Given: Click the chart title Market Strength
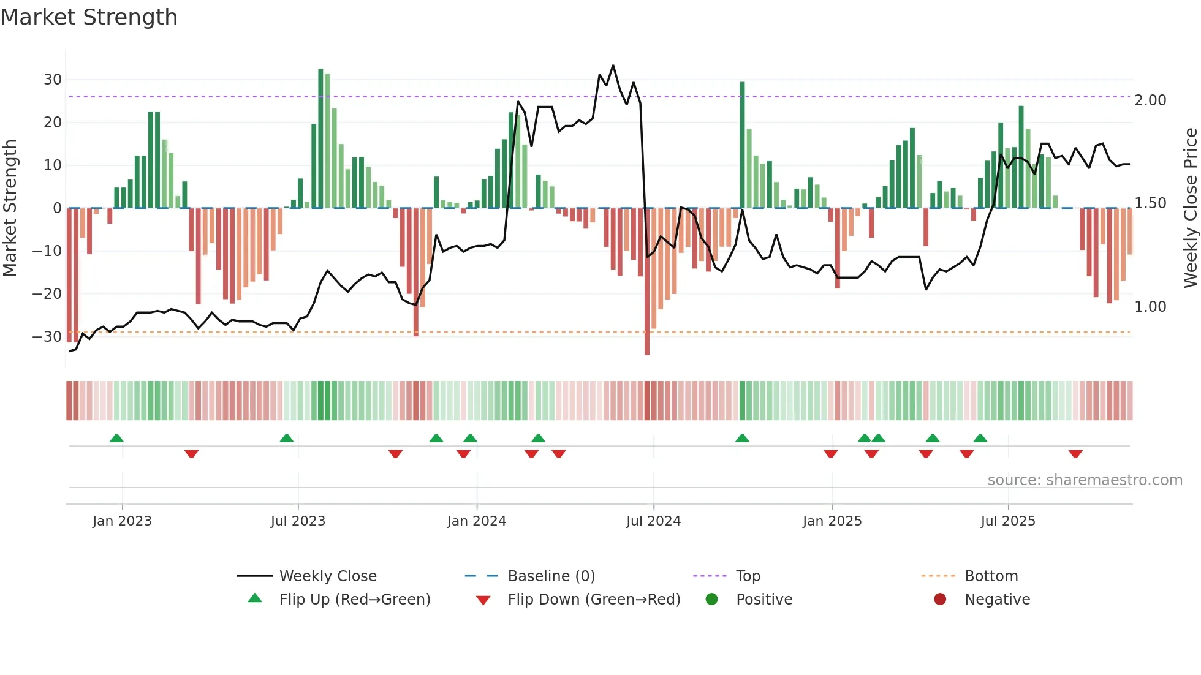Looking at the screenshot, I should pyautogui.click(x=89, y=17).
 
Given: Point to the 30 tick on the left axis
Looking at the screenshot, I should pyautogui.click(x=53, y=80).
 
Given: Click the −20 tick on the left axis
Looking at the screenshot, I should pyautogui.click(x=47, y=294).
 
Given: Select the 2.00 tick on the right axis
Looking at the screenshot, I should pyautogui.click(x=1150, y=100).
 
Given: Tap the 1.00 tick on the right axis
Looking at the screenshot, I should pyautogui.click(x=1150, y=307).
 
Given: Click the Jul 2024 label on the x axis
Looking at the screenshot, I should pyautogui.click(x=653, y=521).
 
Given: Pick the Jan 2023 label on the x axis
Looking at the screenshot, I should pyautogui.click(x=122, y=521).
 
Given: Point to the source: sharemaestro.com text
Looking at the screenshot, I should pyautogui.click(x=1085, y=480).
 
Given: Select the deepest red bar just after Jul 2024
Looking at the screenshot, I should pyautogui.click(x=647, y=282).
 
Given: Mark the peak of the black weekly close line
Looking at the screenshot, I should pyautogui.click(x=613, y=66).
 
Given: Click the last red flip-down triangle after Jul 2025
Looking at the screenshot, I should pyautogui.click(x=1075, y=454).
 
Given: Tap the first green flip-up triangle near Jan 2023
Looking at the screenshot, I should pyautogui.click(x=116, y=438).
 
